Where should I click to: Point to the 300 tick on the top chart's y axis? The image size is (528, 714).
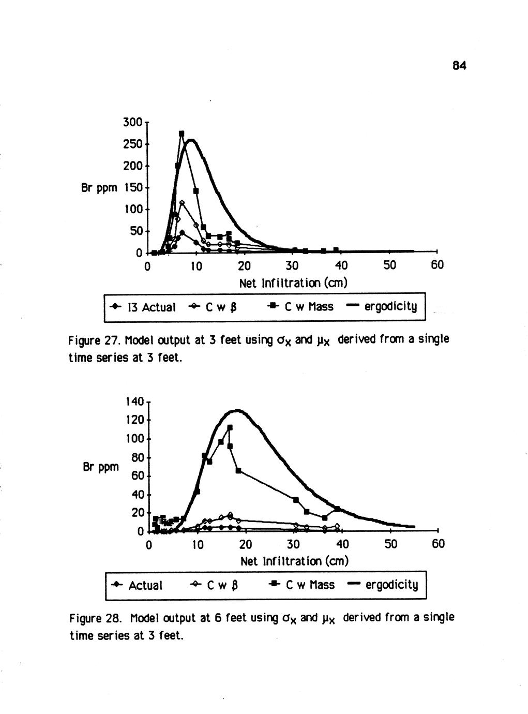click(132, 123)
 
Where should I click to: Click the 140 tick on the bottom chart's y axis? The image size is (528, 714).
click(133, 400)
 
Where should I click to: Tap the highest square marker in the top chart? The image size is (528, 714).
click(182, 133)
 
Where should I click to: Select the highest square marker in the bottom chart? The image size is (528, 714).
click(230, 427)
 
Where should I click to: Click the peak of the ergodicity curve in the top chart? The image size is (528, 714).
click(191, 140)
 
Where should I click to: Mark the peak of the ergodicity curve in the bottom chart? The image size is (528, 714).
click(237, 411)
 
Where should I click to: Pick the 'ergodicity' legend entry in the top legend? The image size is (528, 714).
click(390, 307)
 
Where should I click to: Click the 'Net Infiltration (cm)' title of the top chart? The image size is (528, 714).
click(293, 283)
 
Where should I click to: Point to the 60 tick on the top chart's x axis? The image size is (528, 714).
click(438, 266)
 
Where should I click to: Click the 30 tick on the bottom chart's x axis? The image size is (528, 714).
click(293, 544)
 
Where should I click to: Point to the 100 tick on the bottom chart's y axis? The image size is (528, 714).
click(133, 439)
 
